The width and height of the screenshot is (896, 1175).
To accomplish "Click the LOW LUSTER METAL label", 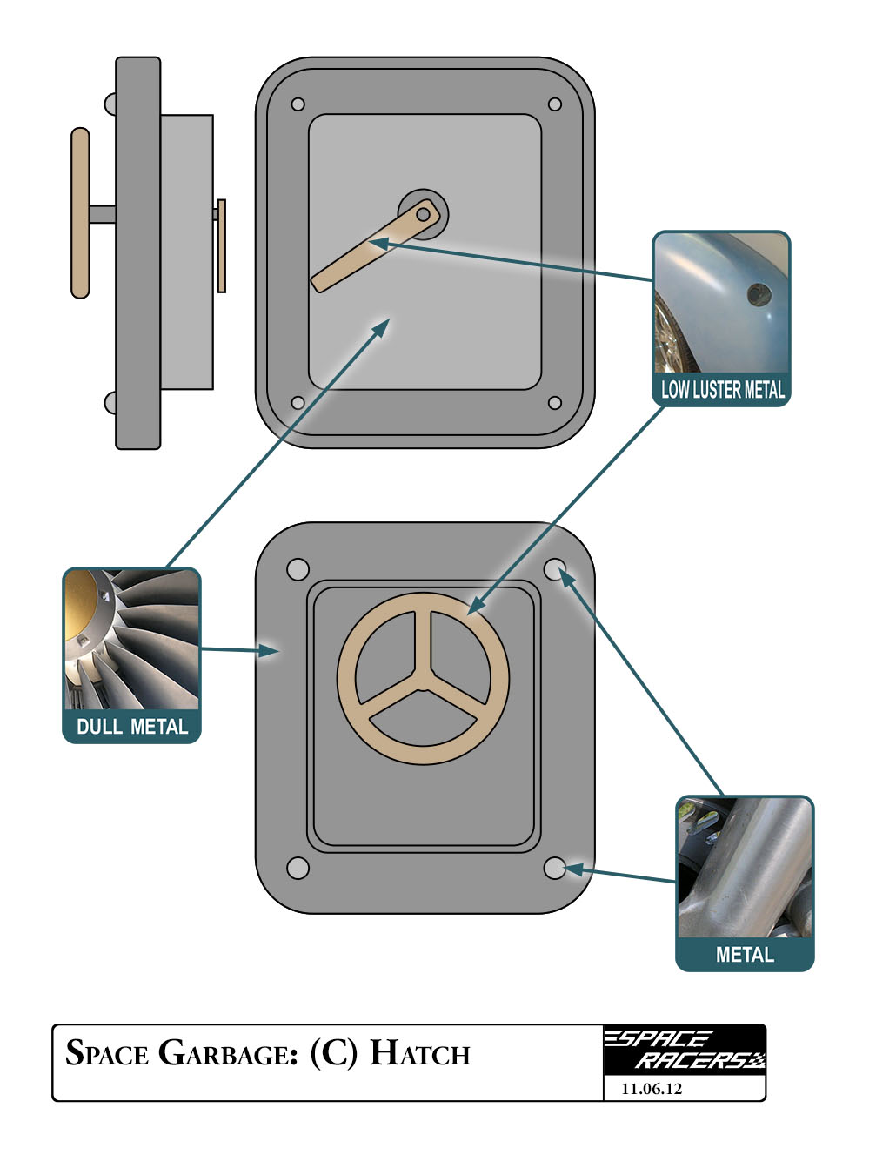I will pos(722,389).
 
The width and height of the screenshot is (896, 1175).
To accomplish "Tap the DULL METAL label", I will pos(131,726).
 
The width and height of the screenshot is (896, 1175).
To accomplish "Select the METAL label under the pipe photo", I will pos(745,955).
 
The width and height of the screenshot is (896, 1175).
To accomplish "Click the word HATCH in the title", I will pos(420,1054).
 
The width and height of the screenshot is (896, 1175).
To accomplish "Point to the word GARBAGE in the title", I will pos(229,1054).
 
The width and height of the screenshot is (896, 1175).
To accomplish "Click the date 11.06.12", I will pos(652,1089).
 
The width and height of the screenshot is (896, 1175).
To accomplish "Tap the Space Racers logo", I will pos(685,1050).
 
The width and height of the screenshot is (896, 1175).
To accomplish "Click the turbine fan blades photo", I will pos(131,639).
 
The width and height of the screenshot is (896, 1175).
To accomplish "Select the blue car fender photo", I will pos(722,304).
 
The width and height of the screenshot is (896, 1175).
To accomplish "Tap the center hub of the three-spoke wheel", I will pos(423,679).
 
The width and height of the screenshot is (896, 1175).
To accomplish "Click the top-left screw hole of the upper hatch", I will pos(298,104).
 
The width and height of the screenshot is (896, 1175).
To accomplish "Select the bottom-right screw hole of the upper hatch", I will pos(554,403).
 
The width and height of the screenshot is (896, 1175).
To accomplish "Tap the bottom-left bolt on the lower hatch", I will pos(298,868).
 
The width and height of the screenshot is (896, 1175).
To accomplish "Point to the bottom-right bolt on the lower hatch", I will pos(554,868).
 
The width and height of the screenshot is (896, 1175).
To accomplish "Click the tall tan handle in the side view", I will pos(80,213).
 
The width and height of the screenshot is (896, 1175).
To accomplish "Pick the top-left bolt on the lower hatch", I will pos(298,569).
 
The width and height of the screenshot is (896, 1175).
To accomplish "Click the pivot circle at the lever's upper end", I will pos(424,213).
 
